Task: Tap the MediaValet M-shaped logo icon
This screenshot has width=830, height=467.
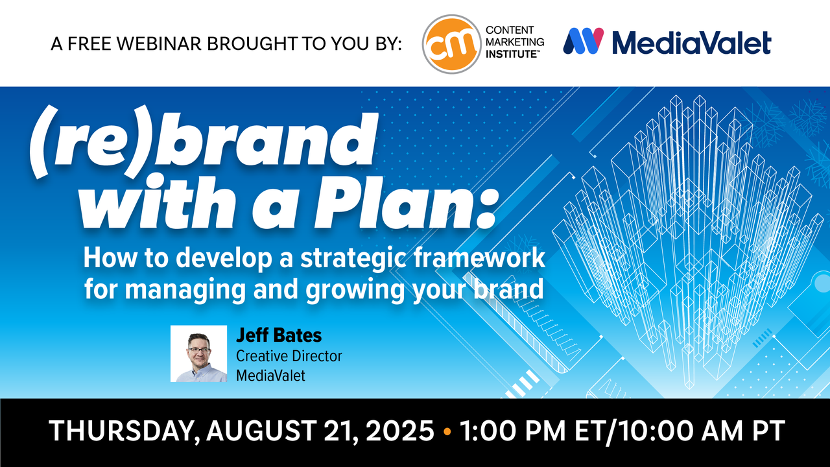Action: (x=583, y=41)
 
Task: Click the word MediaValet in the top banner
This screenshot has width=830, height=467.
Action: (x=691, y=42)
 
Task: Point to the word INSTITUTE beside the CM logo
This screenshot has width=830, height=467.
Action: (x=512, y=54)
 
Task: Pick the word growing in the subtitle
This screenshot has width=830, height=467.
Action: (x=355, y=290)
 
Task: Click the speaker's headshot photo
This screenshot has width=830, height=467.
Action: (x=198, y=353)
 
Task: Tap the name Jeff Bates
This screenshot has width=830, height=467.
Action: (x=279, y=335)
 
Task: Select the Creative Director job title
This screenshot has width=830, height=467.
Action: (x=289, y=356)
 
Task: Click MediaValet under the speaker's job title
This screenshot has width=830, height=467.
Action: (x=270, y=376)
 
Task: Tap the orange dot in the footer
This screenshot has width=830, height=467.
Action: (x=447, y=431)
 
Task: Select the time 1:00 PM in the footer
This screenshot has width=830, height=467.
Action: (x=512, y=431)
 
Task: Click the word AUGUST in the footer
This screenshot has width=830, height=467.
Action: (x=261, y=431)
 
